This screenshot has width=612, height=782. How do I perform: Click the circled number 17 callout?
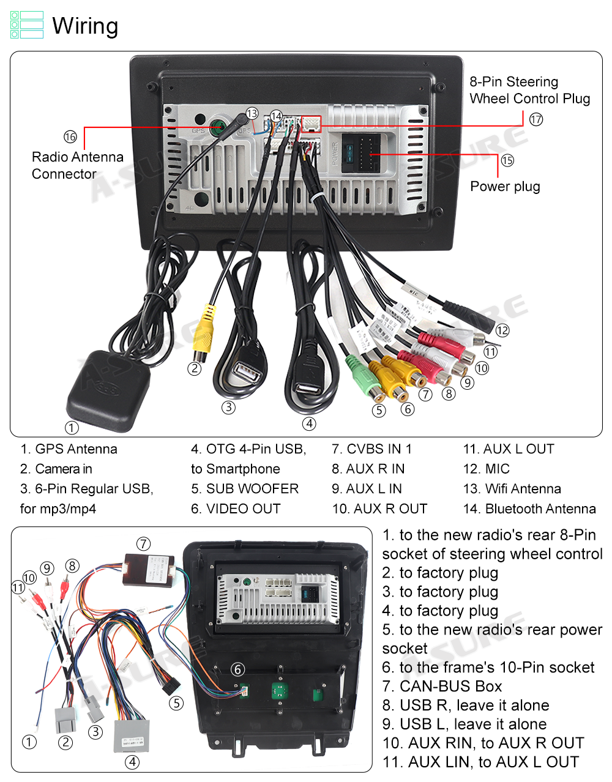pos(536,119)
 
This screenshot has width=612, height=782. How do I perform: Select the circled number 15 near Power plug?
pos(507,160)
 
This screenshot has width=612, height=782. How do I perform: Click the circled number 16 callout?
pos(70,137)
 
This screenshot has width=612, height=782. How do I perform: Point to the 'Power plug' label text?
pos(505,187)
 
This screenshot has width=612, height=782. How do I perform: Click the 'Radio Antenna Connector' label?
pos(77,165)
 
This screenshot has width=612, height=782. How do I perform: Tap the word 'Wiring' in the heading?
pos(85,26)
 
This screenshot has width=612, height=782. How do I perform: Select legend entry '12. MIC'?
pos(486,469)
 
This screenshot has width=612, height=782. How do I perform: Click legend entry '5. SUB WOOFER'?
pos(245,489)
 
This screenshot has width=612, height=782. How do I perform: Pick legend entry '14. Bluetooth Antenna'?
pos(529,508)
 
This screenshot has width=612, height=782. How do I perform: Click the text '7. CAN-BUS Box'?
pos(442,686)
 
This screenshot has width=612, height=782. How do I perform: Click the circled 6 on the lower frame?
pos(237,669)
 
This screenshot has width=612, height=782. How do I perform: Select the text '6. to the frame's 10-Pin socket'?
pos(488,667)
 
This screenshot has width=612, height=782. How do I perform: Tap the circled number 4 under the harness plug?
pos(132,762)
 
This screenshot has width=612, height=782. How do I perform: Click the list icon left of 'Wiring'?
pos(27,25)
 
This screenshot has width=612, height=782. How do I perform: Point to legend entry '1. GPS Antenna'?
pos(69,449)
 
